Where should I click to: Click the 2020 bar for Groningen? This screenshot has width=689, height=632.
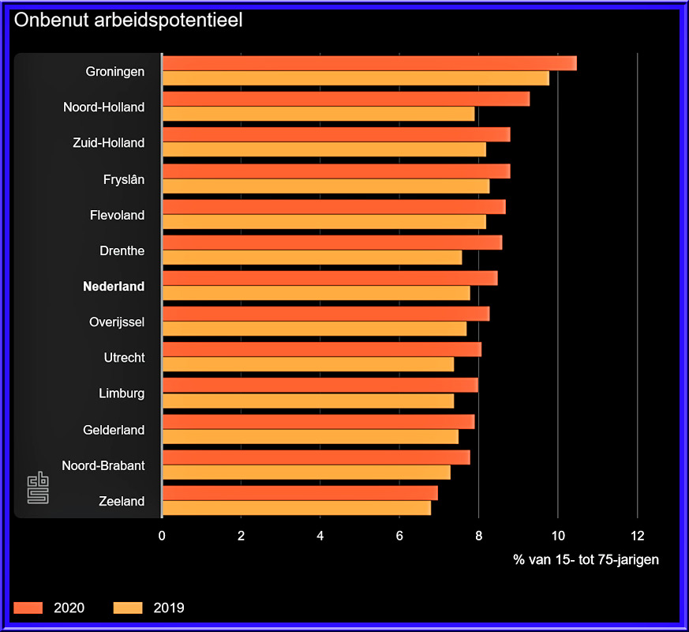point(369,63)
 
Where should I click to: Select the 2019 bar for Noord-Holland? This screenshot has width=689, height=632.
point(318,114)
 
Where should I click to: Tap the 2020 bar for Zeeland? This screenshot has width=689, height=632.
point(299,493)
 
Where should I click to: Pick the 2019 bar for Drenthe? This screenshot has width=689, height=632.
point(312,258)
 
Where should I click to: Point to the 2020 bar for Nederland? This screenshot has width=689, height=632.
point(329,278)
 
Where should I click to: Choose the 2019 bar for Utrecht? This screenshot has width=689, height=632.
point(308,364)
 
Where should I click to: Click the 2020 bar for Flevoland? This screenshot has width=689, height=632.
point(333,207)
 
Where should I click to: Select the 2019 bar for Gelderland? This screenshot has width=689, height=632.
point(309,437)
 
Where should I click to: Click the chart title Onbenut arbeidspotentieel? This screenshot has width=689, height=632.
point(128,21)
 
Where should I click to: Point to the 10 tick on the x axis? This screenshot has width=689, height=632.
point(557,535)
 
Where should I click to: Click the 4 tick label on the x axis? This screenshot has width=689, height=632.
point(320,535)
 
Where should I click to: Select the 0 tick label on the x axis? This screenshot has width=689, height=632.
point(162,535)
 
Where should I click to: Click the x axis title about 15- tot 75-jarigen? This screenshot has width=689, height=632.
point(586,559)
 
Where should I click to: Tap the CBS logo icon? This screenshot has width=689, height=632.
point(38,488)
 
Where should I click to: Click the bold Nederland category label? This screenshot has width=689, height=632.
point(114,287)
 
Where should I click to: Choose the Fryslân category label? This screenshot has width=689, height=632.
point(124,179)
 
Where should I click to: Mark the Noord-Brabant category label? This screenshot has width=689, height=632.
point(103,465)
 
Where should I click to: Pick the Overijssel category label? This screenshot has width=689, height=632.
point(117,322)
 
